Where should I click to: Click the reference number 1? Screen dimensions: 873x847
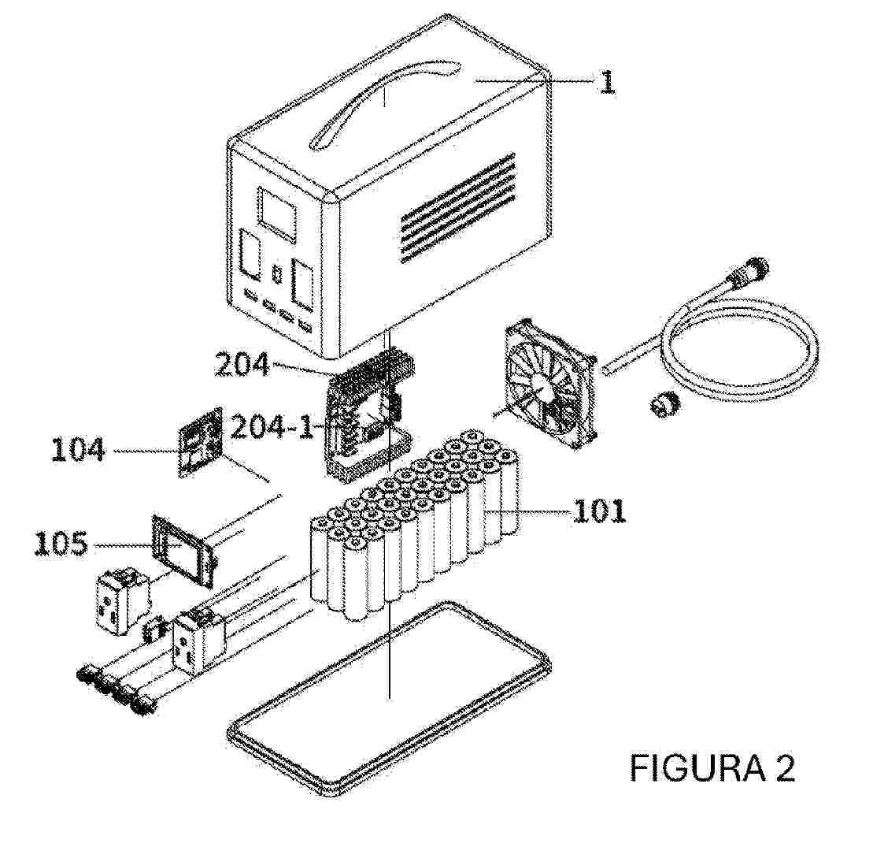click(607, 83)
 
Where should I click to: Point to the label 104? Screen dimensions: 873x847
click(77, 450)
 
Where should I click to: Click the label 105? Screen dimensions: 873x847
click(61, 544)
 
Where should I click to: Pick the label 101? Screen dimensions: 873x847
click(600, 511)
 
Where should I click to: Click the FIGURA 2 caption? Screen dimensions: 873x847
click(712, 768)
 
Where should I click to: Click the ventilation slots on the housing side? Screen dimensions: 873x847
click(457, 207)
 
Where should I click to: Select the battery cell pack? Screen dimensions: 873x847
click(415, 526)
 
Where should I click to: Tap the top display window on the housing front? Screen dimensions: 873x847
click(277, 214)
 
